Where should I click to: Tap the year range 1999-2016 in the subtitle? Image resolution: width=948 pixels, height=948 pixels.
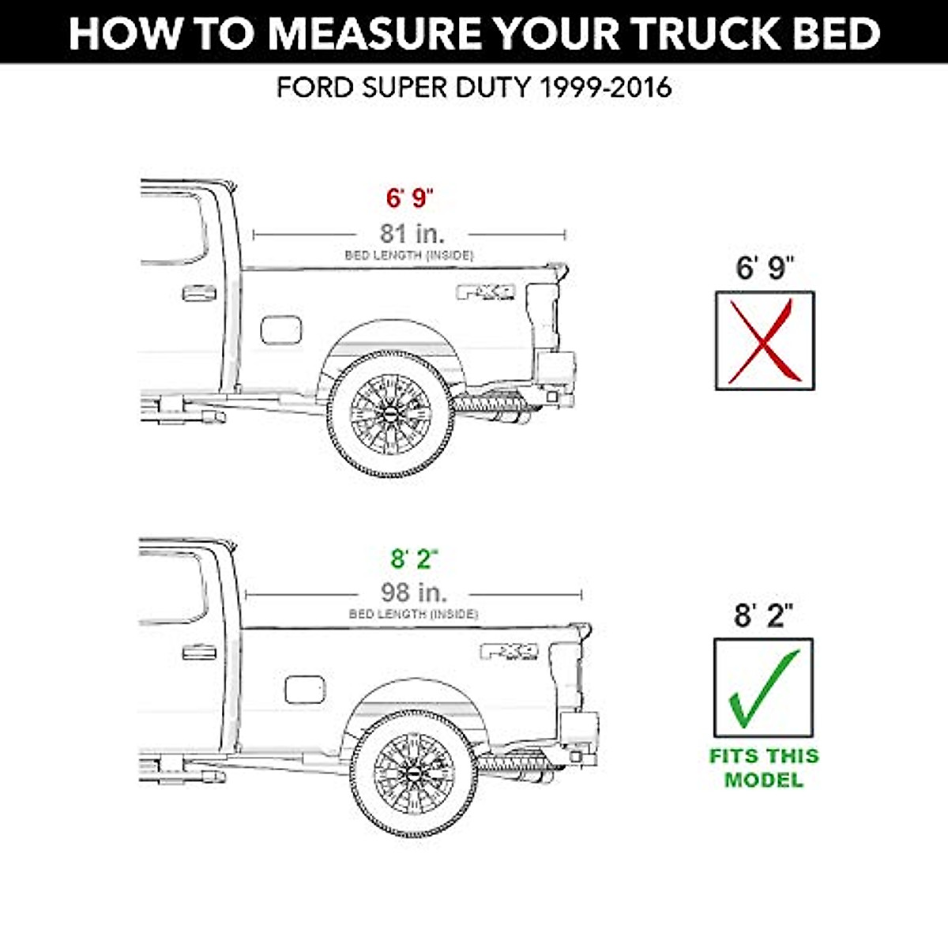(x=605, y=87)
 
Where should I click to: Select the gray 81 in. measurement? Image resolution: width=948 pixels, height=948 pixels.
(x=412, y=233)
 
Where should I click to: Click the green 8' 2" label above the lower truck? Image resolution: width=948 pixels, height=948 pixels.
(x=414, y=559)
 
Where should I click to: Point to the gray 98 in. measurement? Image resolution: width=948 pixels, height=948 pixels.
(x=413, y=592)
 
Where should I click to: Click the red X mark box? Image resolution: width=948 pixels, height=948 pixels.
(x=764, y=340)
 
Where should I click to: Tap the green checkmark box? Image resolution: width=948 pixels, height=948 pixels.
(x=763, y=687)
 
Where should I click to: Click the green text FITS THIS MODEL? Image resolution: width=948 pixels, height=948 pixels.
(x=764, y=767)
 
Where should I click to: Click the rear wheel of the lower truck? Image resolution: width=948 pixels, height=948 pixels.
(x=413, y=773)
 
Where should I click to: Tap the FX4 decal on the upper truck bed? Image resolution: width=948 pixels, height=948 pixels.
(x=486, y=292)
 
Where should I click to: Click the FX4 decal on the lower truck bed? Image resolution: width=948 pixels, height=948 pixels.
(x=510, y=652)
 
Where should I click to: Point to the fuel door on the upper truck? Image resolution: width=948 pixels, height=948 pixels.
(x=280, y=329)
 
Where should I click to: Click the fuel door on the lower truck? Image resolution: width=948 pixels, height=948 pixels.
(x=304, y=689)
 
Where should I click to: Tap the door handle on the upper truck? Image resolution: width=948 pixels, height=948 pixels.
(x=198, y=294)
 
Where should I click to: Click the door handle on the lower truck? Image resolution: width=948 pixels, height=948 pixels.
(x=198, y=653)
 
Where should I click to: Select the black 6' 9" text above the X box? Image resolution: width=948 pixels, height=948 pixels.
(x=764, y=269)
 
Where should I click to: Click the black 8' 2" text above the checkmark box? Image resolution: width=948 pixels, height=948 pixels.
(x=763, y=615)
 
